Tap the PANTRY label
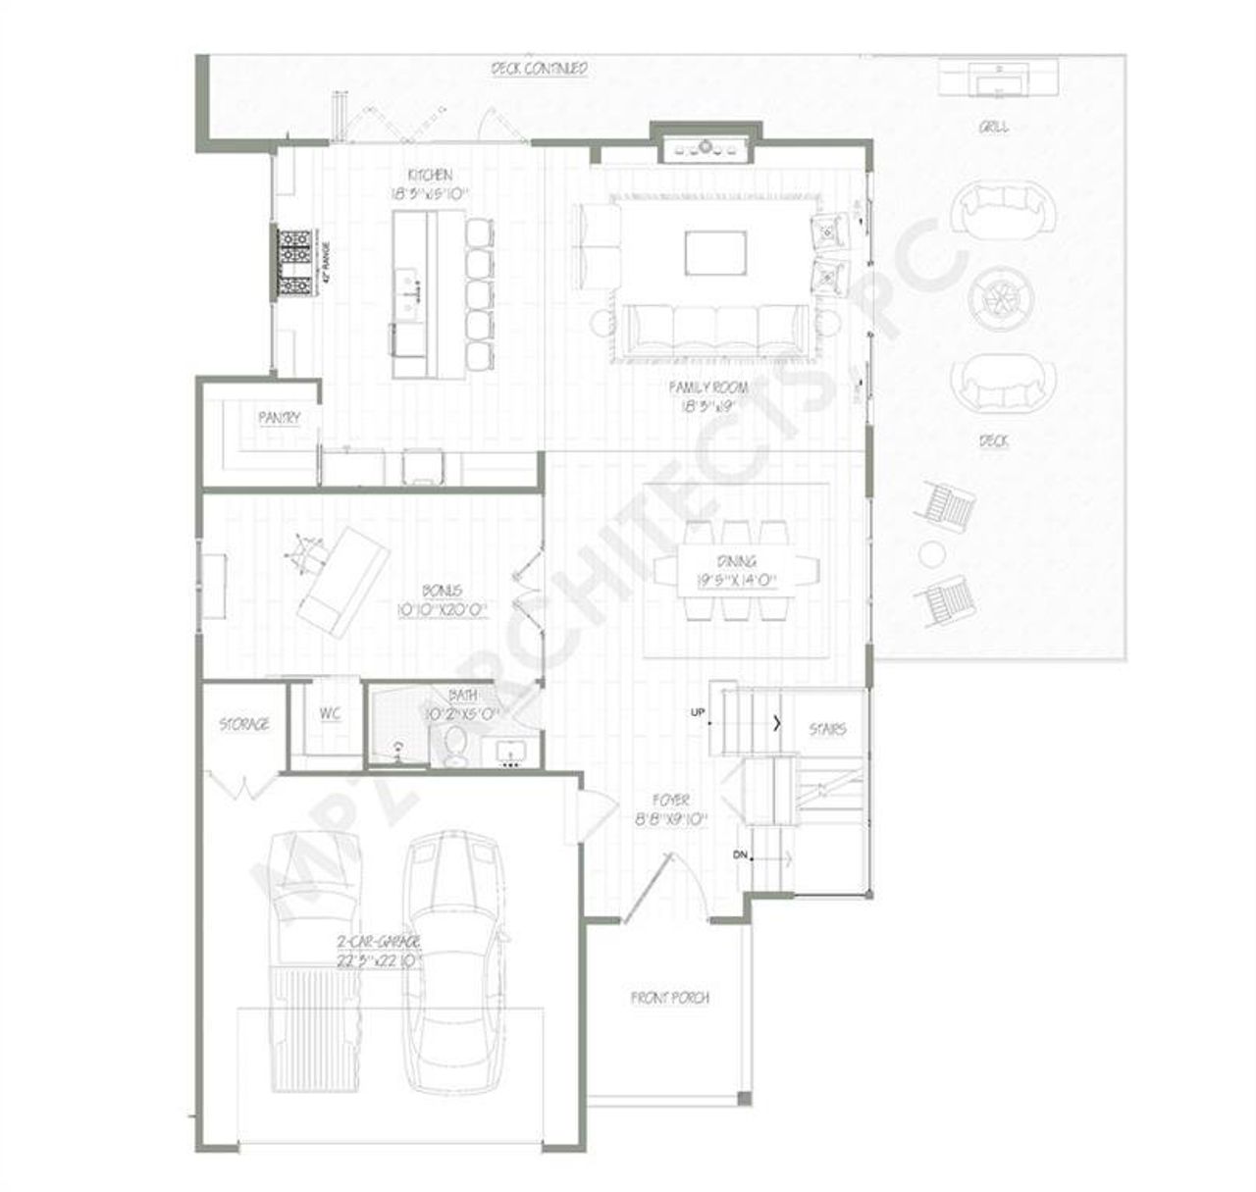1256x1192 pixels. [x=279, y=418]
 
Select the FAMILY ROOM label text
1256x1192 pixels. [x=708, y=388]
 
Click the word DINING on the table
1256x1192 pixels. [x=736, y=562]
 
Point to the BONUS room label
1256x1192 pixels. [x=442, y=592]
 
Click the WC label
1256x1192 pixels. [x=330, y=713]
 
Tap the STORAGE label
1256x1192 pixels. [x=243, y=724]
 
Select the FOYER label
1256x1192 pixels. [x=670, y=801]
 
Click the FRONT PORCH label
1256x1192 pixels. [x=669, y=998]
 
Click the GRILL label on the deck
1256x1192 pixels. [x=992, y=128]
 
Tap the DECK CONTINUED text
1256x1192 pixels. [x=539, y=69]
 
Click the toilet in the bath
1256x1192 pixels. [x=456, y=749]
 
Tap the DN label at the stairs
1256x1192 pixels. [x=741, y=855]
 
